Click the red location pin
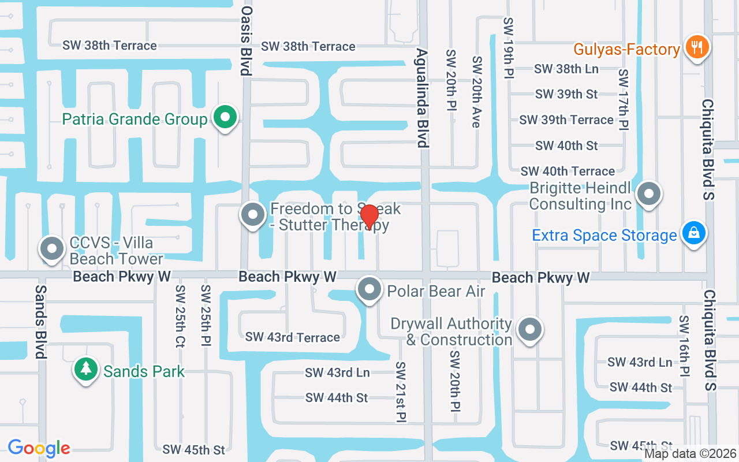point(369,217)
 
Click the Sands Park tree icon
point(86,370)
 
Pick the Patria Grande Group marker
point(225,118)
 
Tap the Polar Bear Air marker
point(369,289)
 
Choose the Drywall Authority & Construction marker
point(529,330)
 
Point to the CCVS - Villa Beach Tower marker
point(53,249)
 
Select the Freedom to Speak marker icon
point(252,215)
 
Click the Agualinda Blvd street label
point(422,98)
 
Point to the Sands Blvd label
point(40,321)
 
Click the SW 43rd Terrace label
point(292,337)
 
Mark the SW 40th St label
point(566,146)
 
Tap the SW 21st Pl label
point(401,392)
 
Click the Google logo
point(39,448)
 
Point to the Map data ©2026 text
point(690,453)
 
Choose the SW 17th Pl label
point(623,99)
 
